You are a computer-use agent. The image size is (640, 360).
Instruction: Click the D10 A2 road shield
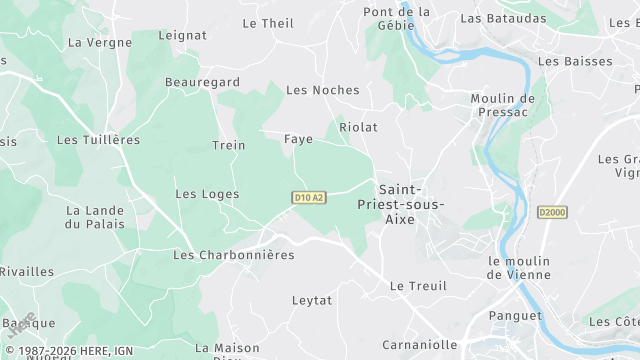click(x=310, y=198)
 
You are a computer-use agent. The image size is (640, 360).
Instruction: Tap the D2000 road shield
click(x=551, y=212)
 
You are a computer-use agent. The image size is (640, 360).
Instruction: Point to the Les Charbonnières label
click(x=234, y=255)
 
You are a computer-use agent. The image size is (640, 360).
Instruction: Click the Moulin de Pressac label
click(x=503, y=107)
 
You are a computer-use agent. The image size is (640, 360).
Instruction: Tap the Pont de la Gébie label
click(x=397, y=19)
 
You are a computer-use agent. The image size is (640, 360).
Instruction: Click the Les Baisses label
click(x=575, y=61)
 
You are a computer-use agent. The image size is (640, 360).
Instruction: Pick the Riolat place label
click(x=359, y=128)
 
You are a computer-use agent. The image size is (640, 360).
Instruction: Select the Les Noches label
click(x=322, y=90)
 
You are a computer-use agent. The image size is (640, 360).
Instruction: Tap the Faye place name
click(x=298, y=139)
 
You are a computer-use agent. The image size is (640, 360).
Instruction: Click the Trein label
click(x=229, y=145)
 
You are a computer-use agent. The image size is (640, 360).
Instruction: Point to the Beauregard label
click(x=202, y=81)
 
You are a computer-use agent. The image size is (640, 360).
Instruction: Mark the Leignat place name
click(x=183, y=35)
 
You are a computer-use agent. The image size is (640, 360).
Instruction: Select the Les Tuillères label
click(x=98, y=140)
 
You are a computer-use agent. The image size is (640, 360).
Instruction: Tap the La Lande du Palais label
click(x=95, y=217)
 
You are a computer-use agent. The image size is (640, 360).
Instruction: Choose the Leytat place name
click(x=311, y=300)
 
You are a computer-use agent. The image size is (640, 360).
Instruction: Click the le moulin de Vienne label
click(x=519, y=268)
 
